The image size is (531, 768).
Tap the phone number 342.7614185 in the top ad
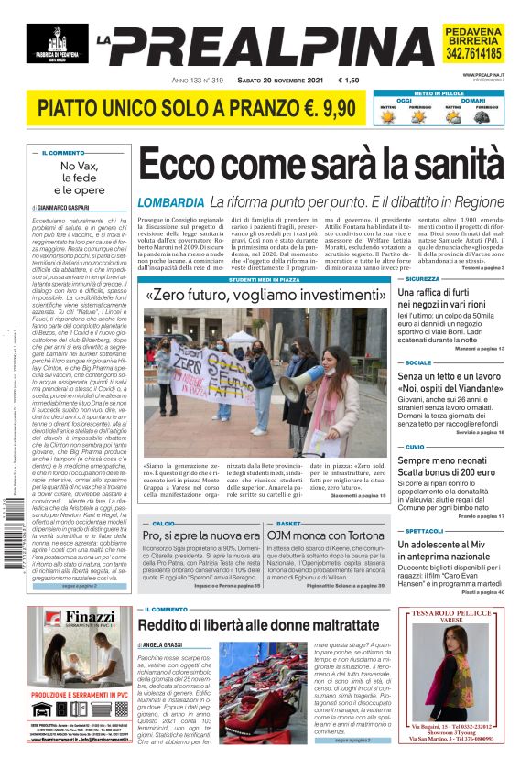point(473,54)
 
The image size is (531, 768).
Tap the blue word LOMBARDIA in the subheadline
point(170,202)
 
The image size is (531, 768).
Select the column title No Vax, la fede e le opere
point(78,178)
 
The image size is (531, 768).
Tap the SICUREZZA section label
point(422,278)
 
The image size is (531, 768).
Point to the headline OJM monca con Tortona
point(327,535)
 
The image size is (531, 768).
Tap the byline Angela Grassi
point(163,645)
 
